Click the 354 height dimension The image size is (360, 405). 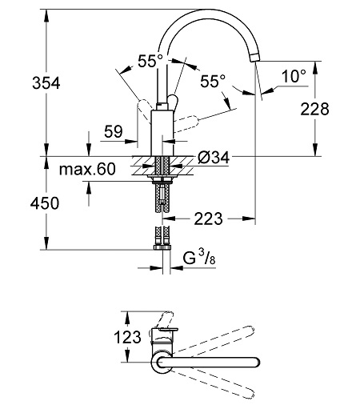coord(46,82)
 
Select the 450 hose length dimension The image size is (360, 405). coord(45,203)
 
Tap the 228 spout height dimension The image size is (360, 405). coord(314,109)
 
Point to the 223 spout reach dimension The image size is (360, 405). coord(208,219)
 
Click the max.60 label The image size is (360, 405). coord(87,169)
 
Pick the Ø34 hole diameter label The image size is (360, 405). coord(214,158)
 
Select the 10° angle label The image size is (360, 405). coord(294,76)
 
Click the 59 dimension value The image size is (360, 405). coord(114,131)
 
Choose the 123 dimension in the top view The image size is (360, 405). coord(127,337)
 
